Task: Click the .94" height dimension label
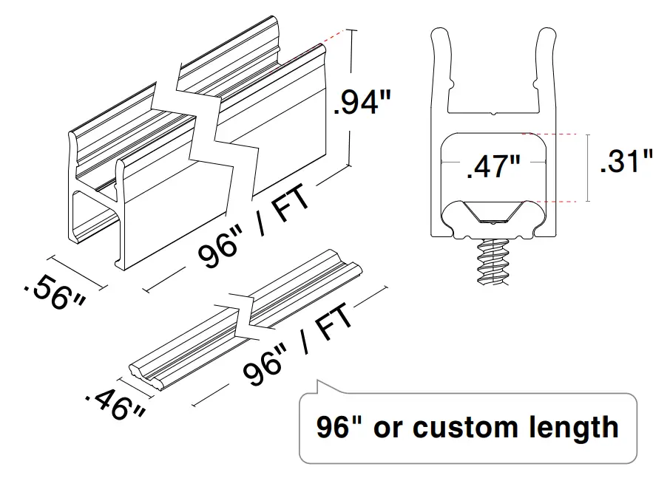pyautogui.click(x=362, y=103)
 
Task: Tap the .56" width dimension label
pyautogui.click(x=55, y=294)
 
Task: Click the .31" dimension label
pyautogui.click(x=626, y=160)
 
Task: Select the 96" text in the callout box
pyautogui.click(x=339, y=427)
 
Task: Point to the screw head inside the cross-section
pyautogui.click(x=493, y=214)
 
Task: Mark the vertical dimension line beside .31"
pyautogui.click(x=588, y=168)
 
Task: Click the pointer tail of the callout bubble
pyautogui.click(x=322, y=388)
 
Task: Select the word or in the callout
pyautogui.click(x=390, y=427)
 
